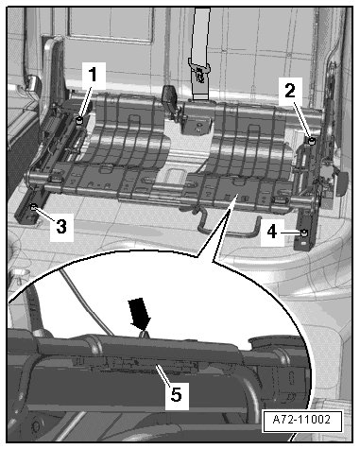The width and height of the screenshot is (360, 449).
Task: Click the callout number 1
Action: (93, 75)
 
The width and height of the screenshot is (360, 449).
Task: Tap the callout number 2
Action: (290, 91)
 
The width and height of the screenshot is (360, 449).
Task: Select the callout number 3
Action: (61, 226)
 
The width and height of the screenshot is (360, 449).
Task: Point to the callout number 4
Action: (272, 233)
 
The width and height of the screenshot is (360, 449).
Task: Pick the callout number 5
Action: (177, 394)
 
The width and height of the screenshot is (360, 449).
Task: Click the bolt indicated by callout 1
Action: (79, 120)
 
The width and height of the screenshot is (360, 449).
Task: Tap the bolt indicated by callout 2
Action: (312, 141)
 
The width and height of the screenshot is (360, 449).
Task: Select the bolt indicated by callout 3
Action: (33, 207)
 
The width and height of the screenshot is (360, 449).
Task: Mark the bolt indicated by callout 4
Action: (304, 233)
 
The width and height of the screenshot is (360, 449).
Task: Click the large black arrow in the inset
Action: (140, 314)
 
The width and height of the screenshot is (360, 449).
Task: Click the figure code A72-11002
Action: (301, 420)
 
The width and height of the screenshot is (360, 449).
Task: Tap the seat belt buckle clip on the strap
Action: (199, 74)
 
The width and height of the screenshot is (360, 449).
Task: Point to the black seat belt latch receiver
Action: (170, 97)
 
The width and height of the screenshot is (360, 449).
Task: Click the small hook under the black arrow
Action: (144, 335)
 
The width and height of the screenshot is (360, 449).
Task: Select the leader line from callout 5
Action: (163, 374)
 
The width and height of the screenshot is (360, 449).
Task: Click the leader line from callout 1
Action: (86, 101)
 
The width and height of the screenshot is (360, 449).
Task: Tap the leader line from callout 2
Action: (302, 119)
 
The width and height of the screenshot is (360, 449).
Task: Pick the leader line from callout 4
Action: (289, 233)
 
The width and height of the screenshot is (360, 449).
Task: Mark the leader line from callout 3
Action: (45, 213)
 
